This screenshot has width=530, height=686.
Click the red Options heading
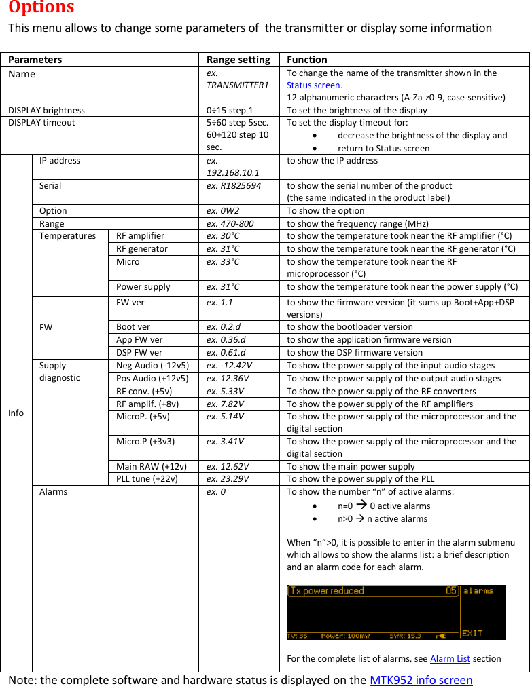(x=41, y=8)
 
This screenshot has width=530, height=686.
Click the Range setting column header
(x=238, y=60)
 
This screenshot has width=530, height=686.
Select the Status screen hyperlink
(x=313, y=85)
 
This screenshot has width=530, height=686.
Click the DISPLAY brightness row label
(x=47, y=110)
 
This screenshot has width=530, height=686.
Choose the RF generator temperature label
(x=142, y=248)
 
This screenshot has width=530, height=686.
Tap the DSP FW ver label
(x=139, y=352)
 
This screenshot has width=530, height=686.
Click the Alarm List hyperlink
(x=450, y=658)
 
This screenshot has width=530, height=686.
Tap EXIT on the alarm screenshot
(x=472, y=633)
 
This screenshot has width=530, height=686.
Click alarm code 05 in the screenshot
(x=451, y=591)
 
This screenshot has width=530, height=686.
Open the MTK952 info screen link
(x=421, y=679)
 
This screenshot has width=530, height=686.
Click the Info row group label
(x=16, y=413)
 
